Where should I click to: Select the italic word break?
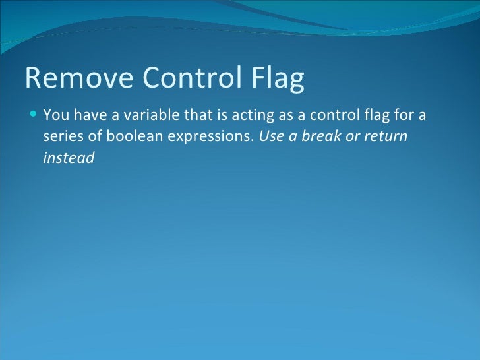[321, 137]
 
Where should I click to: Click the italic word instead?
[69, 158]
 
